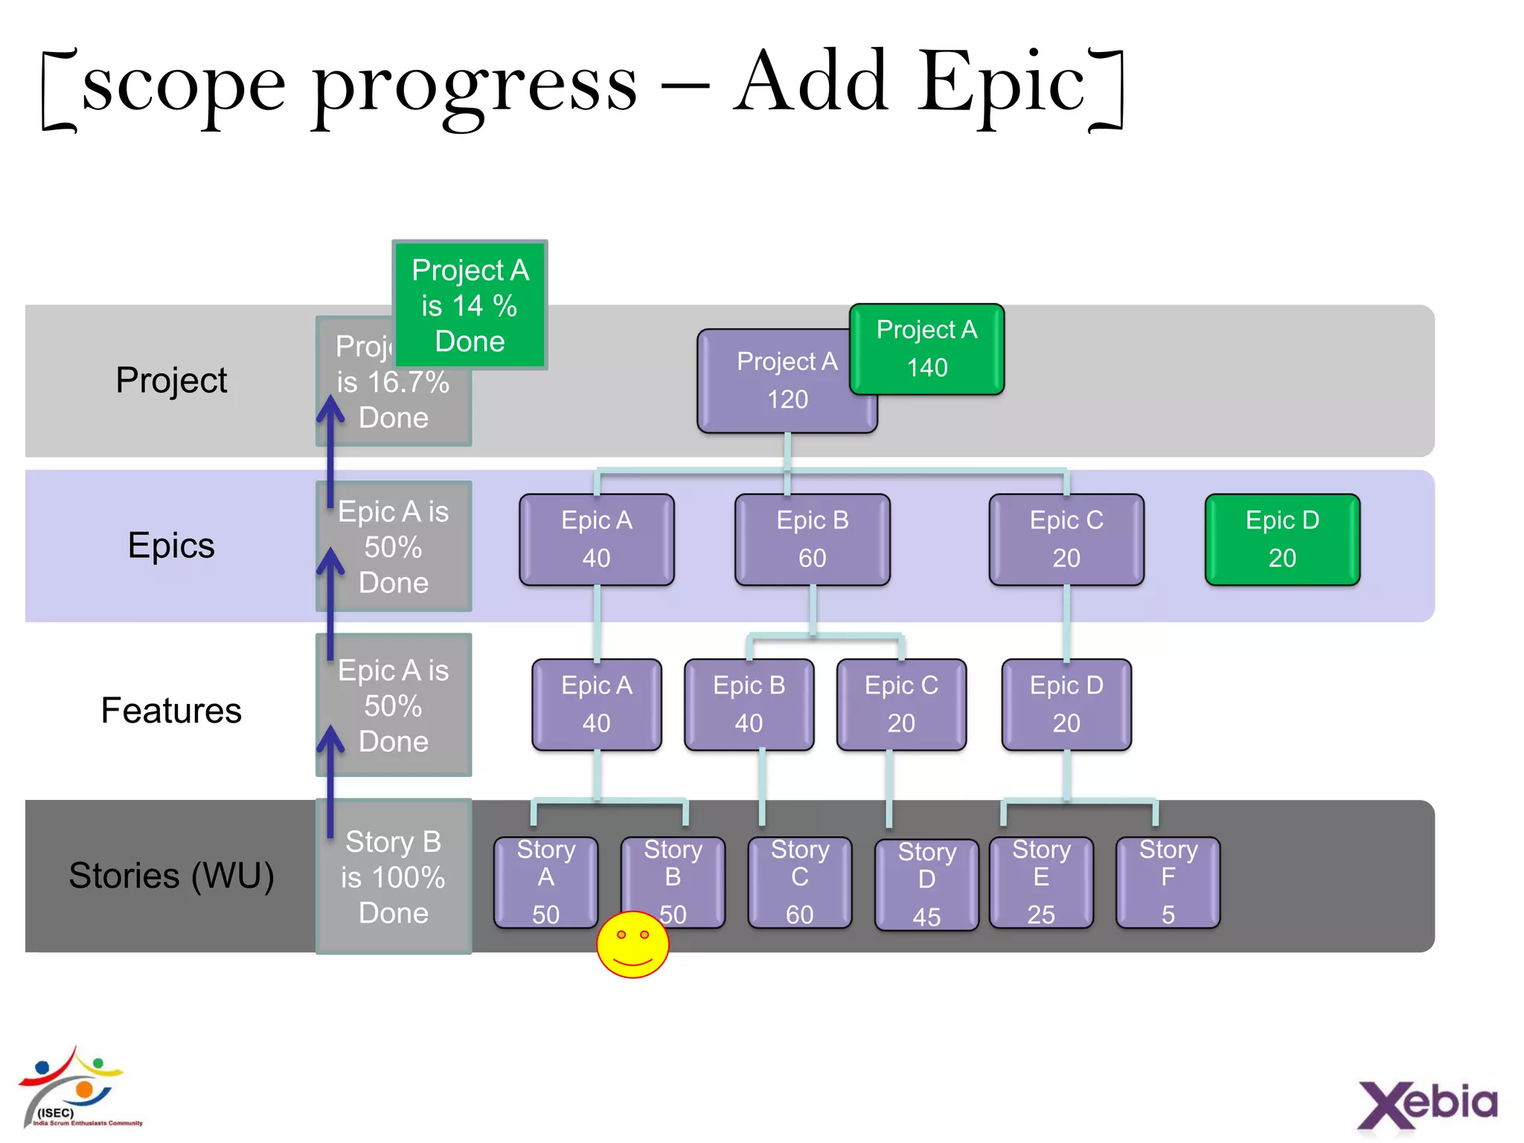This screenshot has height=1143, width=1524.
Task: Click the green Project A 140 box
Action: click(926, 349)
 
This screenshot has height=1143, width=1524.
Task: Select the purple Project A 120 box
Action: click(774, 381)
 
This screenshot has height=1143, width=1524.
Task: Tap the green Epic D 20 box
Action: click(1282, 540)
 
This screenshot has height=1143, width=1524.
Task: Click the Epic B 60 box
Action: click(812, 540)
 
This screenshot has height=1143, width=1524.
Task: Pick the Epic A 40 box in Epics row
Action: click(596, 540)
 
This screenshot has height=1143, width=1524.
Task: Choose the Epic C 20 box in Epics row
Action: click(1066, 540)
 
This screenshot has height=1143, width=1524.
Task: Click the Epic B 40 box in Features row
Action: click(749, 704)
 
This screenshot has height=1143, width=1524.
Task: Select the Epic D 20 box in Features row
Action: click(1066, 704)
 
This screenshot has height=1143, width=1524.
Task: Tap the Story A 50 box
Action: click(545, 882)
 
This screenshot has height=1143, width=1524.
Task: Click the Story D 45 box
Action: click(926, 884)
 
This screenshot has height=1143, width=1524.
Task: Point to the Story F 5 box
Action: click(1168, 882)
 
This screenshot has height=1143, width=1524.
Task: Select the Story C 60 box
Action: click(799, 882)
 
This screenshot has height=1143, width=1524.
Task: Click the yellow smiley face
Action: click(633, 945)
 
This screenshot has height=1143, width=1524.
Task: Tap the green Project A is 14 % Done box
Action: click(470, 305)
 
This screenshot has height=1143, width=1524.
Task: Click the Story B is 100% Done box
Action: click(394, 877)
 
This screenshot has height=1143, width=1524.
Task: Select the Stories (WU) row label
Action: click(171, 875)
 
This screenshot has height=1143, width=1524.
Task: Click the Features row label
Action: click(171, 710)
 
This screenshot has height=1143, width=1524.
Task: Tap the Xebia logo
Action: click(1427, 1104)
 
